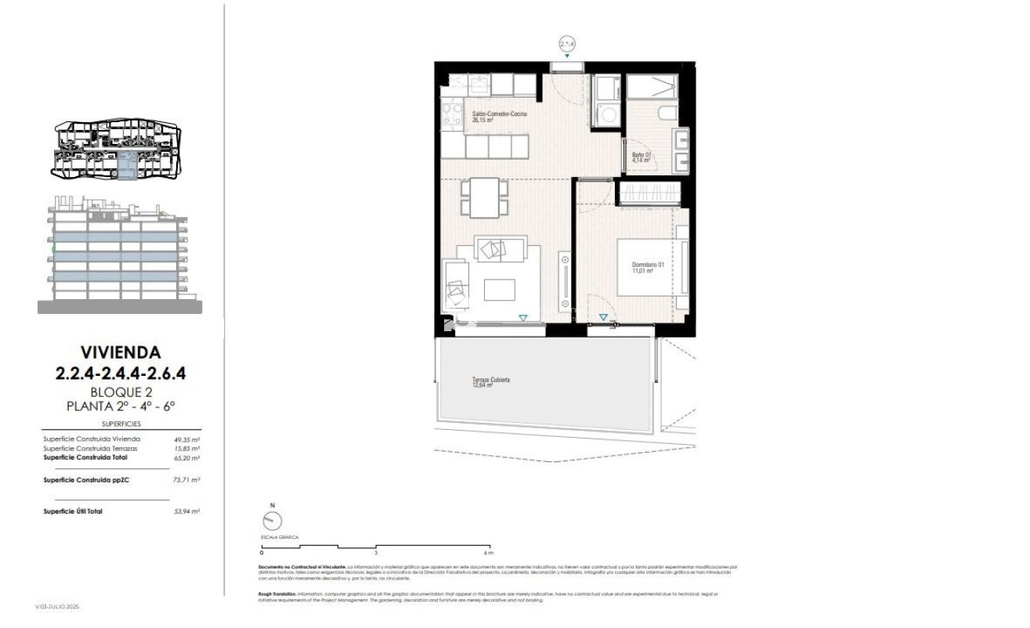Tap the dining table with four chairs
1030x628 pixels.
pyautogui.click(x=482, y=196)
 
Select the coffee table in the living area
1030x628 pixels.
pyautogui.click(x=498, y=290)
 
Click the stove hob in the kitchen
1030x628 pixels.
pyautogui.click(x=450, y=116)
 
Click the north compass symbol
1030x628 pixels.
pyautogui.click(x=273, y=520)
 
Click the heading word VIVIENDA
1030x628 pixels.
pyautogui.click(x=120, y=352)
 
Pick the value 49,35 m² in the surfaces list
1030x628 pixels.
pyautogui.click(x=186, y=440)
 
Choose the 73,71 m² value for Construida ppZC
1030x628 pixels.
pyautogui.click(x=186, y=479)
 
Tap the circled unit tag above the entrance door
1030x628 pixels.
pyautogui.click(x=567, y=45)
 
